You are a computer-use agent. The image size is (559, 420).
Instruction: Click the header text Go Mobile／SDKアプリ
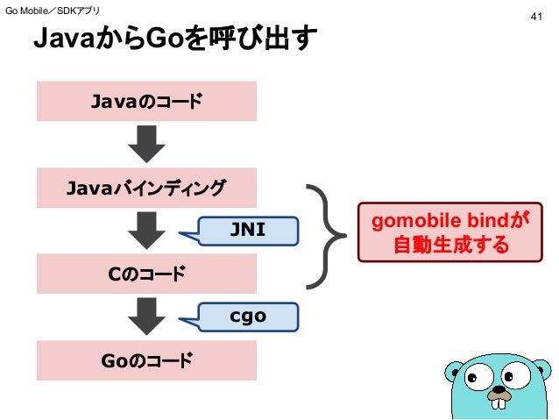[53, 11]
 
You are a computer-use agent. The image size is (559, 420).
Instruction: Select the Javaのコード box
[146, 101]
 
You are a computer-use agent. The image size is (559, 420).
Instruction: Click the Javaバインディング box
[146, 187]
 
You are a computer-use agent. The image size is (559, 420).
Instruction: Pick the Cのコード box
[146, 274]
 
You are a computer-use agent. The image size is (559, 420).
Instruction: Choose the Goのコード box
[146, 359]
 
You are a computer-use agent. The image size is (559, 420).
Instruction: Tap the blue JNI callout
[248, 230]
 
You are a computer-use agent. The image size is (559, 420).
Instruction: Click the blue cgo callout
[248, 316]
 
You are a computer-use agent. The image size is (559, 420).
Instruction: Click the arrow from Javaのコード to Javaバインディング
[146, 144]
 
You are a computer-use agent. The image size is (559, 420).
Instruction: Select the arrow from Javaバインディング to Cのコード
[146, 231]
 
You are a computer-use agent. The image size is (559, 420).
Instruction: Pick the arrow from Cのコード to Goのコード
[146, 317]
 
